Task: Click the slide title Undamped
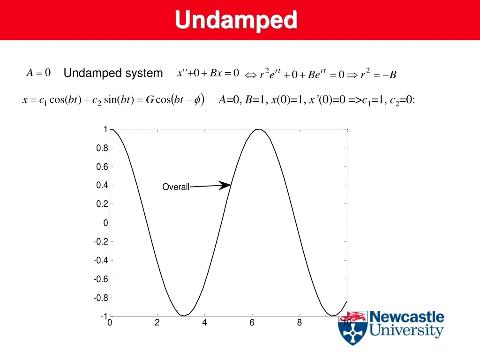(236, 20)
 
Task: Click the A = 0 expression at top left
(38, 73)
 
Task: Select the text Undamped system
(113, 73)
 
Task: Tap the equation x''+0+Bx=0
(208, 73)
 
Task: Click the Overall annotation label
(175, 187)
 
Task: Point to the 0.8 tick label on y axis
(102, 148)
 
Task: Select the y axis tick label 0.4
(102, 186)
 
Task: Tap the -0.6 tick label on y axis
(101, 279)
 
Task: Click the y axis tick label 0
(106, 223)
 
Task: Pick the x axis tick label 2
(157, 322)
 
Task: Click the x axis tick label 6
(252, 322)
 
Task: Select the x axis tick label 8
(299, 322)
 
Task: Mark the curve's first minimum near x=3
(185, 315)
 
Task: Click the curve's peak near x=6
(258, 129)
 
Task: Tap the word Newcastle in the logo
(406, 317)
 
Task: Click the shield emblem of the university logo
(352, 328)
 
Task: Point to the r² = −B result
(378, 74)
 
